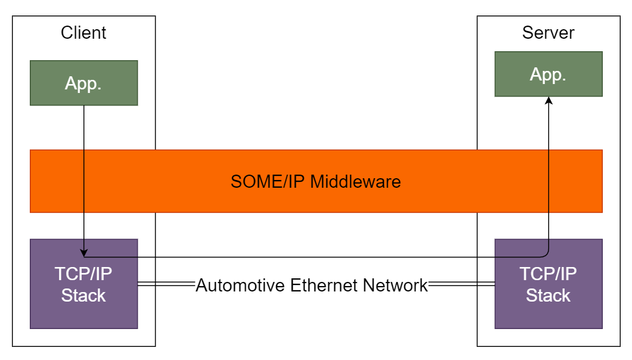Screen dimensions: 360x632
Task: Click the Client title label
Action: click(83, 33)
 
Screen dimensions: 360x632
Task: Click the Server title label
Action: click(548, 33)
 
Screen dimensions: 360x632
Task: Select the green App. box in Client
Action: click(83, 83)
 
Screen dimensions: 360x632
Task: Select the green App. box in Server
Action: click(548, 74)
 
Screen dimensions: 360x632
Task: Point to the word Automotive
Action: click(241, 285)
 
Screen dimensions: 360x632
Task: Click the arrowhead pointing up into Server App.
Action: click(549, 101)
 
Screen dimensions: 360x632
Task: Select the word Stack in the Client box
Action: click(83, 295)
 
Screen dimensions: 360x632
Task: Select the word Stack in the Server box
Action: click(548, 295)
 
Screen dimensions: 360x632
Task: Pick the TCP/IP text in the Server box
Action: click(548, 274)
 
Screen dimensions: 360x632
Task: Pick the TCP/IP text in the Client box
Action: click(83, 274)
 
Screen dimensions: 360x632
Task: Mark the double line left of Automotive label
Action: click(167, 285)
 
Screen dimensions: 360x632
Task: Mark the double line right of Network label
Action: click(461, 285)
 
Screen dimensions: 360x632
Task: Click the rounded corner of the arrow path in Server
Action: click(546, 255)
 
